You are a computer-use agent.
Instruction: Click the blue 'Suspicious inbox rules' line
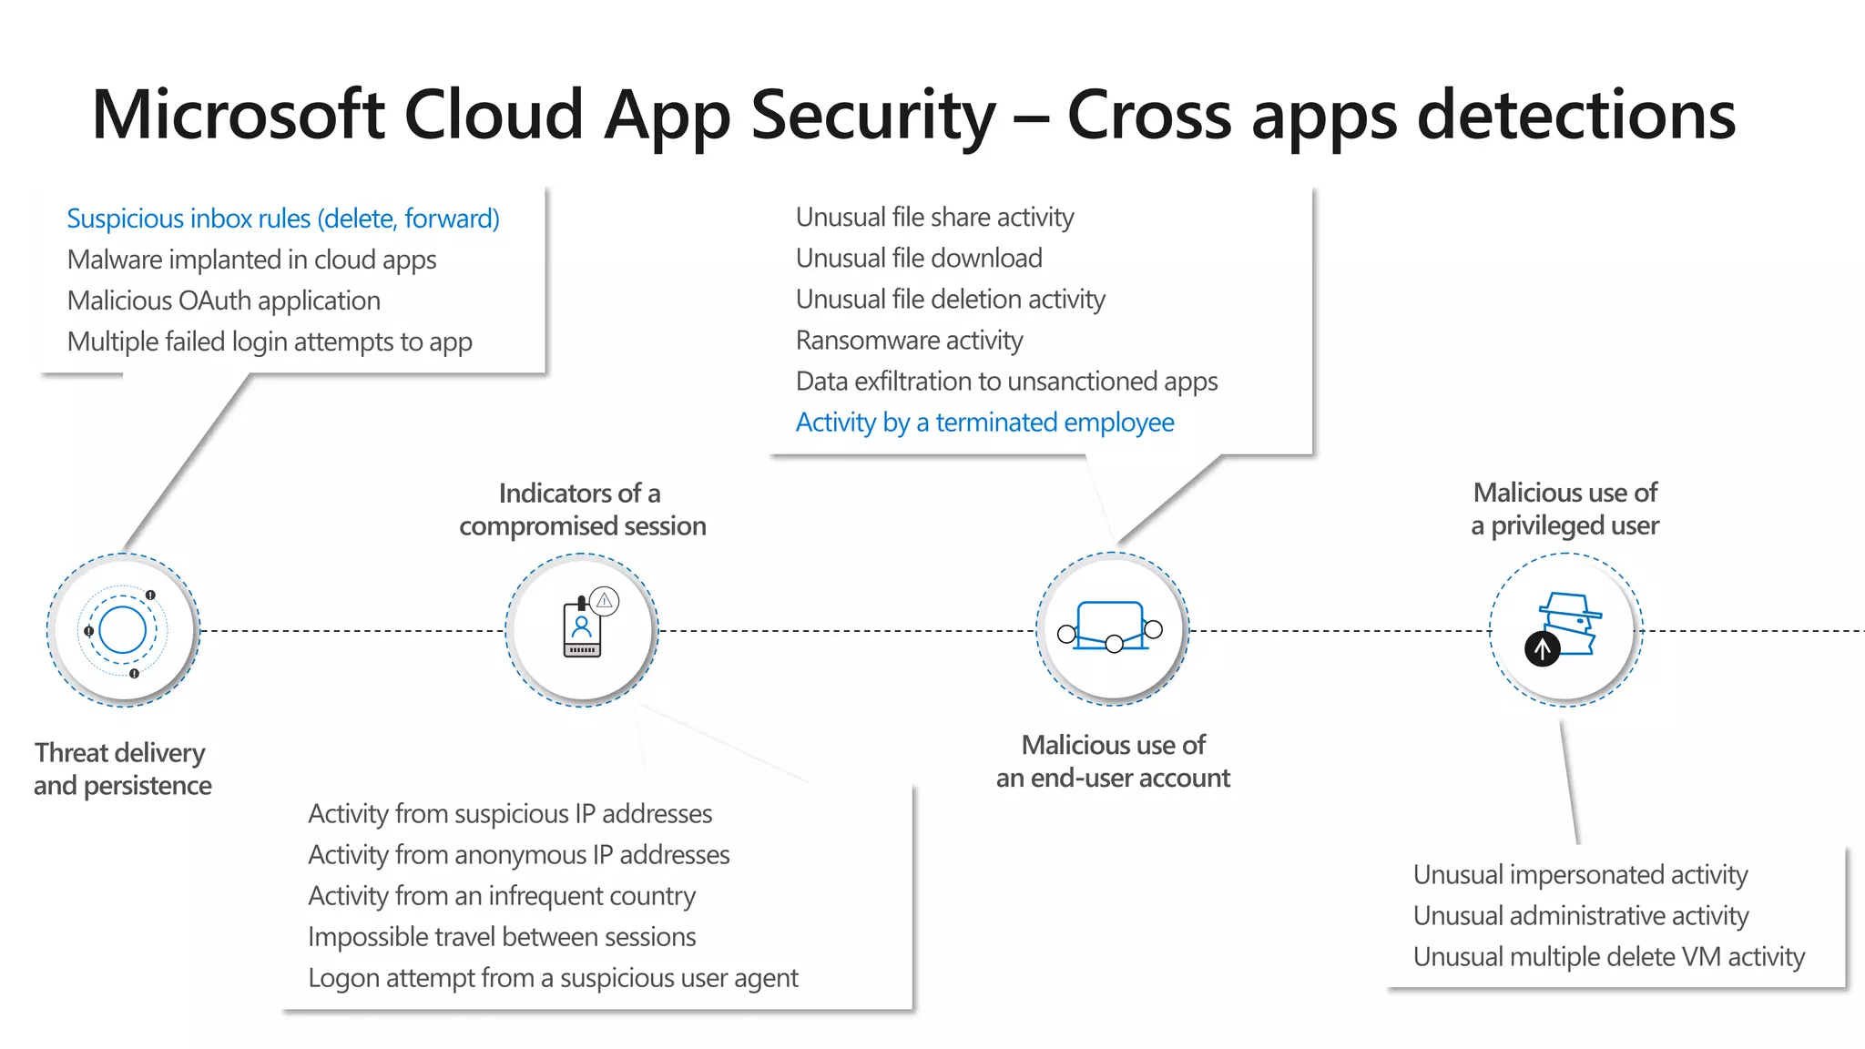(x=283, y=219)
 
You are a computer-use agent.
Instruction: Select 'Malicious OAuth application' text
(x=224, y=300)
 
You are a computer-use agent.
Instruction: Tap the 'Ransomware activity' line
(x=909, y=341)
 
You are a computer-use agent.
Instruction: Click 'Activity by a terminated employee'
(x=984, y=423)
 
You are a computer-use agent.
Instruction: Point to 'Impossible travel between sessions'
(x=502, y=937)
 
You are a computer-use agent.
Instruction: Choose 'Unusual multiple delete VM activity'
(x=1608, y=957)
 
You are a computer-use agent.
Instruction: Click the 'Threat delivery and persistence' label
(x=122, y=769)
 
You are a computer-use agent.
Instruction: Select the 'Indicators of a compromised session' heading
(x=582, y=510)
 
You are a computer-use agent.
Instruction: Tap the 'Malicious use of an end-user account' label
(x=1113, y=761)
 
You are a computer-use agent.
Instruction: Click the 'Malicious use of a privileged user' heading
(x=1564, y=509)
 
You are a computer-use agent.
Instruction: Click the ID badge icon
(x=582, y=628)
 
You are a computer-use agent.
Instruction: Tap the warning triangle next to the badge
(x=605, y=601)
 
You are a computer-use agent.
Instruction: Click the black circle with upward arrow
(x=1542, y=649)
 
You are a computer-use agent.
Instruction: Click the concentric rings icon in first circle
(x=122, y=630)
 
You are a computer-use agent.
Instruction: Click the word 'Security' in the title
(x=872, y=116)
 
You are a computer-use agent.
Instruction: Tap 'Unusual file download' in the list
(x=919, y=259)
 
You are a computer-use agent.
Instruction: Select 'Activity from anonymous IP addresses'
(x=518, y=855)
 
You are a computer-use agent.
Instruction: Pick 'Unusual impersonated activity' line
(x=1580, y=875)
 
